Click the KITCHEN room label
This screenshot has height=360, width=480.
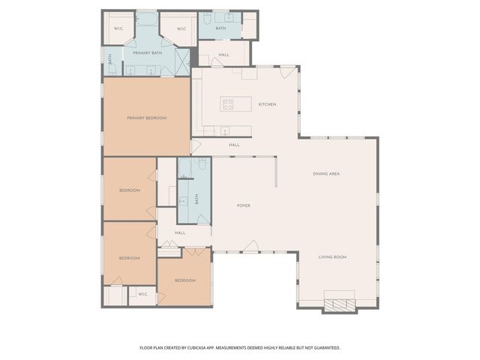pyautogui.click(x=268, y=104)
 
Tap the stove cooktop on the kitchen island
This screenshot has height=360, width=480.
pyautogui.click(x=228, y=104)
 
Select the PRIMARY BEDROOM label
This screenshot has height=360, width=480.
pyautogui.click(x=146, y=118)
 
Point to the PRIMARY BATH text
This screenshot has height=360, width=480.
pyautogui.click(x=148, y=53)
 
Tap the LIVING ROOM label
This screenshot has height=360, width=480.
pyautogui.click(x=332, y=257)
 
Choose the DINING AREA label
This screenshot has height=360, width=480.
pyautogui.click(x=326, y=174)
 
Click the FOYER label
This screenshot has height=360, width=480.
pyautogui.click(x=244, y=205)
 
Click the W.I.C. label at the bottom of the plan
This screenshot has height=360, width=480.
pyautogui.click(x=142, y=294)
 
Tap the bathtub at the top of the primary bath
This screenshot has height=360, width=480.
pyautogui.click(x=148, y=20)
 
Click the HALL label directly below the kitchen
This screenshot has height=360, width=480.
pyautogui.click(x=234, y=145)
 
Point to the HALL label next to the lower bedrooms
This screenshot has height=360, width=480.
pyautogui.click(x=180, y=232)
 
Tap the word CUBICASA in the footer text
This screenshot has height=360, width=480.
pyautogui.click(x=210, y=348)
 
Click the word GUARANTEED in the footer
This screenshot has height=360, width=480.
pyautogui.click(x=324, y=348)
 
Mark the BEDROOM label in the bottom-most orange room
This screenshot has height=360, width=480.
pyautogui.click(x=185, y=280)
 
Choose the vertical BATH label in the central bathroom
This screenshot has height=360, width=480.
pyautogui.click(x=196, y=199)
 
